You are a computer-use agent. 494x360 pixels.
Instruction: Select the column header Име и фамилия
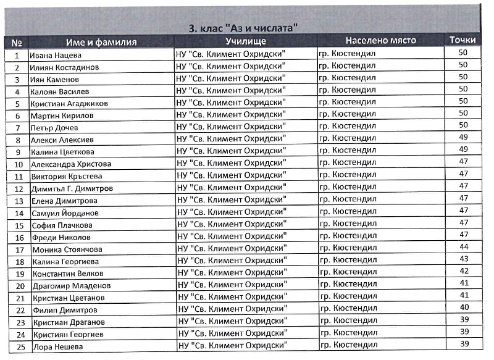pos(101,42)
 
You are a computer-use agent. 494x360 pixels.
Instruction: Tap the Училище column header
pos(245,41)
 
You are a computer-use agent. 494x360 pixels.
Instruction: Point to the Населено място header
pos(380,41)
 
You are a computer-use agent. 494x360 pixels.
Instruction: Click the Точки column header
pos(463,40)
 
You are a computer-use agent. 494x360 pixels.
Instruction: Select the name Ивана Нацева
pos(52,55)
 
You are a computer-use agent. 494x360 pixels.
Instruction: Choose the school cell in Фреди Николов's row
pos(232,237)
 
